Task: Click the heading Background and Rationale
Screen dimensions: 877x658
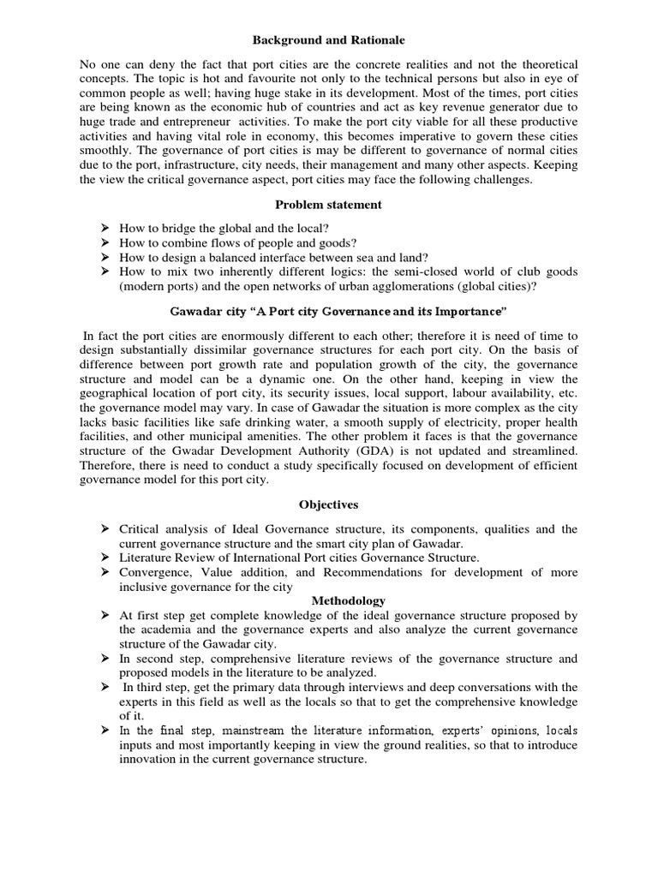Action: pos(328,40)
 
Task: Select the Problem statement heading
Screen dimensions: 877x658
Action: pos(328,205)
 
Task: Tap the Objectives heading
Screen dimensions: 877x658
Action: pos(328,504)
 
